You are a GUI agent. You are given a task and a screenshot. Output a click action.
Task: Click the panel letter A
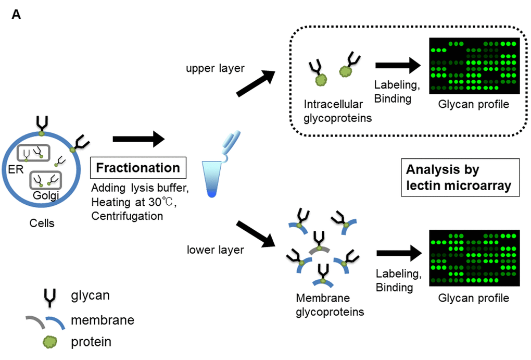click(x=16, y=15)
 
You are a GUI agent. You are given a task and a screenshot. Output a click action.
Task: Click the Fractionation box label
click(x=138, y=168)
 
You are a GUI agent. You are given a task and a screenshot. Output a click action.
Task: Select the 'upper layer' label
click(x=214, y=69)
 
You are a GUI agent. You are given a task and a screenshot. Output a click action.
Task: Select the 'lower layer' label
click(x=216, y=250)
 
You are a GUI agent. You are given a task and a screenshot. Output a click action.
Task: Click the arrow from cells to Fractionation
click(x=138, y=139)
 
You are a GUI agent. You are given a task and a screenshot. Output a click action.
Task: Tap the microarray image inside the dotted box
click(x=474, y=66)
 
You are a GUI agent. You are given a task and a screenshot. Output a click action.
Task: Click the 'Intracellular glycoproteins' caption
click(x=337, y=111)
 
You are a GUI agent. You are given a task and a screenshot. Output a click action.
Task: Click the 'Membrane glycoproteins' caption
click(x=330, y=305)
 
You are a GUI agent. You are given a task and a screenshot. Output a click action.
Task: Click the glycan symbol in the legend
click(x=50, y=296)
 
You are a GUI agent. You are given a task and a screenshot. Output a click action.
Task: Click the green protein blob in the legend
click(x=50, y=342)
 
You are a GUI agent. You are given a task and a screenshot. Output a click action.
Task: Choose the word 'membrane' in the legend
click(x=103, y=319)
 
